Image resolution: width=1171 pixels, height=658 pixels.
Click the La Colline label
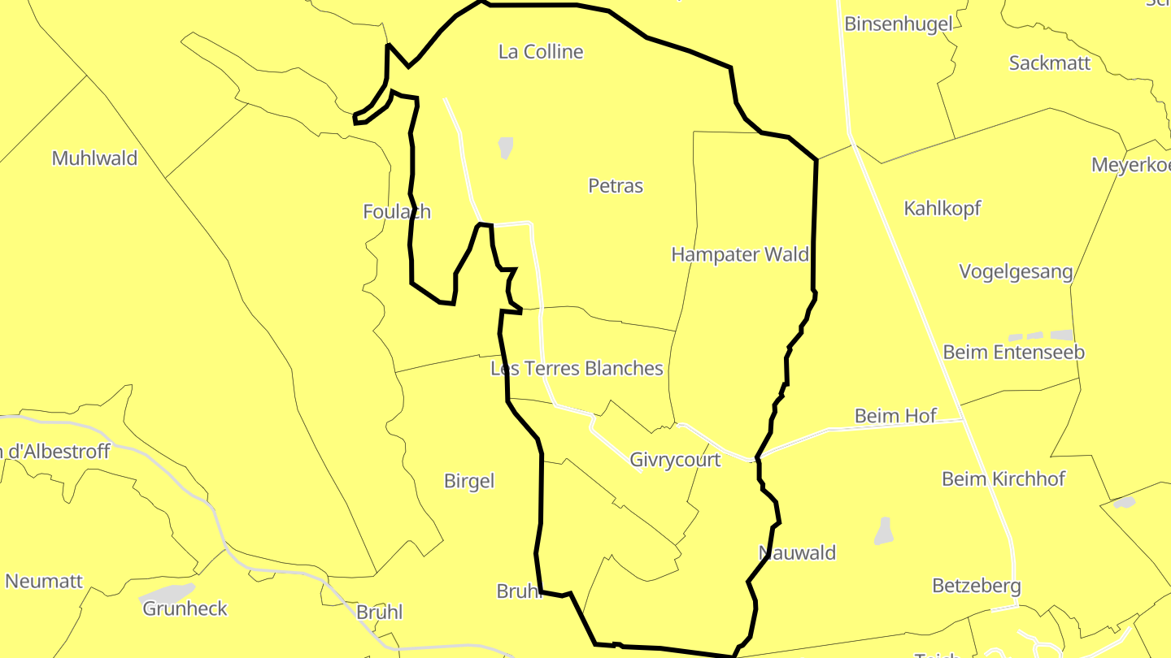541,52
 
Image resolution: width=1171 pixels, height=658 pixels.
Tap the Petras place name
616,186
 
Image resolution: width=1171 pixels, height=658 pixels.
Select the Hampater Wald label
739,255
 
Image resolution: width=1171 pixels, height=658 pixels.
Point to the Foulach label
397,212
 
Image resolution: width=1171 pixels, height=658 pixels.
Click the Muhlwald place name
94,158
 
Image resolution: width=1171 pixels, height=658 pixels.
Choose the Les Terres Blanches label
577,369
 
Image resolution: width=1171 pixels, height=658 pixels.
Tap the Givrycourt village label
675,461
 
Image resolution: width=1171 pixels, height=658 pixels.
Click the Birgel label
469,481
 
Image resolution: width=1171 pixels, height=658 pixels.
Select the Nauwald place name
797,553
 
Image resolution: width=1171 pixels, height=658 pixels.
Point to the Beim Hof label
895,416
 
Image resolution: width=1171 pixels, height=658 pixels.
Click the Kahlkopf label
942,209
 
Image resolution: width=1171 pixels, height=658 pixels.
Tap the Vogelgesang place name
1016,271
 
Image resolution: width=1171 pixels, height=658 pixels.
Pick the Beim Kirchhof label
1003,479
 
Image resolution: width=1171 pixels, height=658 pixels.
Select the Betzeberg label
976,586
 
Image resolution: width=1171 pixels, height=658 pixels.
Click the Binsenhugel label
898,24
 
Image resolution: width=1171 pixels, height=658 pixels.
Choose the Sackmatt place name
1049,63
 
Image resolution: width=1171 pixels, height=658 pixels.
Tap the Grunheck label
185,608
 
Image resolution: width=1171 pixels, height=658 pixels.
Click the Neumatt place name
44,582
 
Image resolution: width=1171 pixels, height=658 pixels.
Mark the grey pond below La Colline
506,148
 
